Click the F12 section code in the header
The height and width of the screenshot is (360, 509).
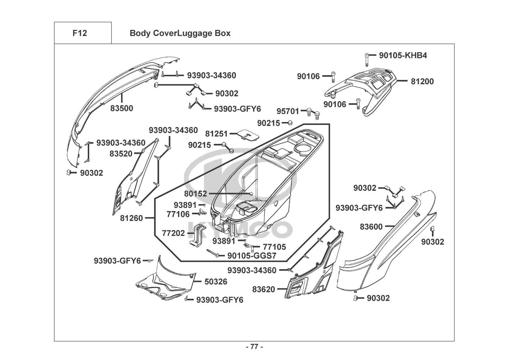click(79, 33)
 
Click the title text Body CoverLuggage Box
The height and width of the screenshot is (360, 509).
click(180, 33)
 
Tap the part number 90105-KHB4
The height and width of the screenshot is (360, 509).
click(403, 55)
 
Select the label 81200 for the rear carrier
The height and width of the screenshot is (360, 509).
click(422, 81)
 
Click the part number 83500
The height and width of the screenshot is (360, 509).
click(122, 108)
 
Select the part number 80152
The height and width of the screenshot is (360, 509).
click(195, 194)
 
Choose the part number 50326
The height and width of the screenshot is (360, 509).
click(216, 282)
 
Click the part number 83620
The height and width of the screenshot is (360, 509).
click(263, 289)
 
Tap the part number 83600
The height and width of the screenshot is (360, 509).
click(371, 226)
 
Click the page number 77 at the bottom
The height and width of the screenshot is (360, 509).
click(254, 347)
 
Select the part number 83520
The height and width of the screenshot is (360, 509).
click(121, 154)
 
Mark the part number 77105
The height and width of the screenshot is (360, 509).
click(274, 247)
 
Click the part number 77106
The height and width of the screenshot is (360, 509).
click(178, 214)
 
